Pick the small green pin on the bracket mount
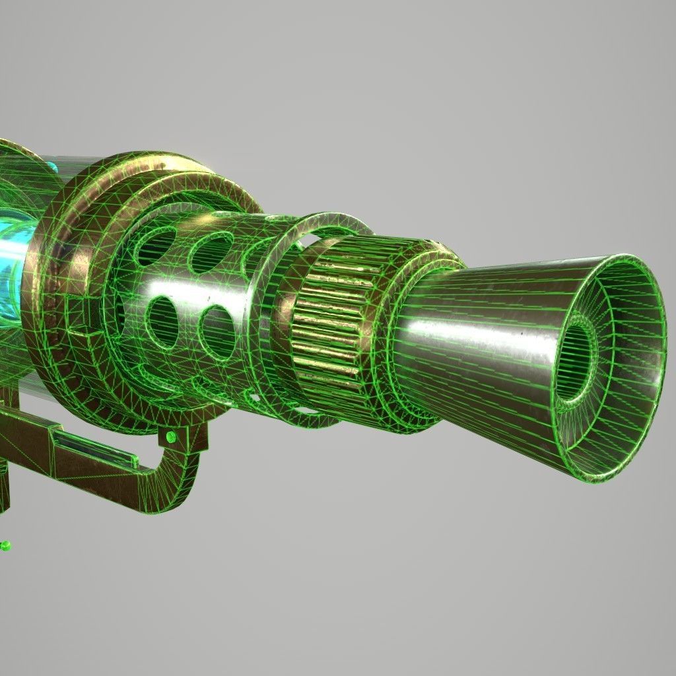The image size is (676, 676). (x=171, y=437)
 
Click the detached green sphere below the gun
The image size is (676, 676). (x=5, y=546)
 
